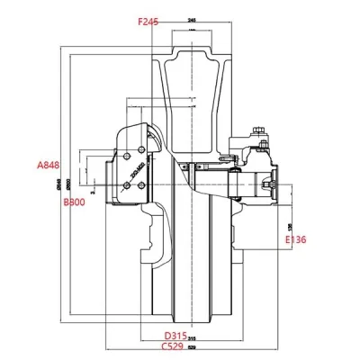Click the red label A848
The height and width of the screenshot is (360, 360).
[49, 165]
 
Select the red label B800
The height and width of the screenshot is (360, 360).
[74, 204]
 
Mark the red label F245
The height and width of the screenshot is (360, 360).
[148, 20]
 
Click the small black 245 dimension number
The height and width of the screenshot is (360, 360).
[193, 19]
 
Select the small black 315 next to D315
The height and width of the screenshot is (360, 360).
[193, 338]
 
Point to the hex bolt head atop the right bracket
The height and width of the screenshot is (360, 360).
[260, 132]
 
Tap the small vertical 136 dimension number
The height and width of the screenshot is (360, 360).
[288, 226]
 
